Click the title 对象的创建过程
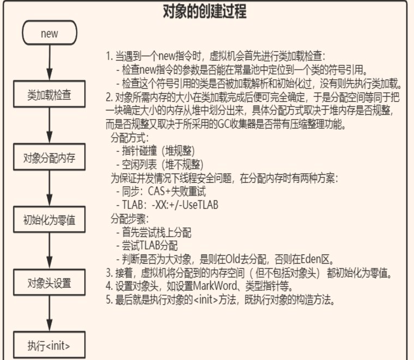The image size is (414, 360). (204, 12)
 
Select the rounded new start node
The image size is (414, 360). (50, 33)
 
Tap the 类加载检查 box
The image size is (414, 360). (49, 94)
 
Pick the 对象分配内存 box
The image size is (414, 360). (49, 157)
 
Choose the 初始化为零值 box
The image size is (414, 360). (49, 220)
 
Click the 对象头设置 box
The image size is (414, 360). (49, 283)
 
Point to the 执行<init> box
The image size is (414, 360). (49, 345)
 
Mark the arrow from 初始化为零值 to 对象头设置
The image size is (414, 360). (50, 251)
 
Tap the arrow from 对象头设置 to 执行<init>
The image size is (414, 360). (50, 313)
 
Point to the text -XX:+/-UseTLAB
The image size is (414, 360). (185, 205)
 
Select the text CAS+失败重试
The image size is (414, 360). (177, 191)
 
